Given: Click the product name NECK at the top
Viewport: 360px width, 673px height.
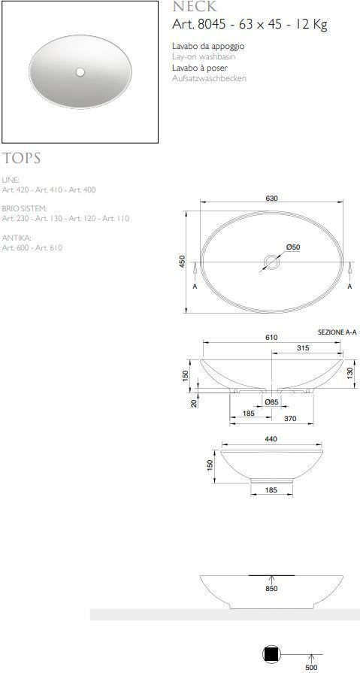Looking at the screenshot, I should point(194,7).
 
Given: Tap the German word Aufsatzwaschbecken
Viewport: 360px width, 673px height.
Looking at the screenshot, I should point(209,78).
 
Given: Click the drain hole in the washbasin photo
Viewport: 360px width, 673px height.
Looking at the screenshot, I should point(80,73).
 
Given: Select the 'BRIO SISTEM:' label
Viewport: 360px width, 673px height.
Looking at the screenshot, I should point(25,208).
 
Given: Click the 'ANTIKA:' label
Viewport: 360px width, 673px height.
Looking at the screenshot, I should point(16,237).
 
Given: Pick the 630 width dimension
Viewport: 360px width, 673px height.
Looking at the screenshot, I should point(271,199).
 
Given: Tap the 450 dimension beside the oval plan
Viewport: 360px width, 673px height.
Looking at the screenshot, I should point(182,261).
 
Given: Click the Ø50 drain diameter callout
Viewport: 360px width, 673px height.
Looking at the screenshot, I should point(293,247).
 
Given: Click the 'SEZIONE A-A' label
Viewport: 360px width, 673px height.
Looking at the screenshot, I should point(336,332).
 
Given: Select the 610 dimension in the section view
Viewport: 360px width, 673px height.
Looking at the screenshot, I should point(271,338).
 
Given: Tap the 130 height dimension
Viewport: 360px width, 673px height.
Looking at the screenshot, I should point(350,372).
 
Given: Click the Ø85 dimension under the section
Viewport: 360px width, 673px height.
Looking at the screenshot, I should point(271,402).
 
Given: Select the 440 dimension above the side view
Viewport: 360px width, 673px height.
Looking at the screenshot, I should point(271,439).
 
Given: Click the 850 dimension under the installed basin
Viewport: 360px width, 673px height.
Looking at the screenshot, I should point(271,589).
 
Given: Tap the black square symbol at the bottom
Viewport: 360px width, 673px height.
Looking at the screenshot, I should point(271,655).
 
